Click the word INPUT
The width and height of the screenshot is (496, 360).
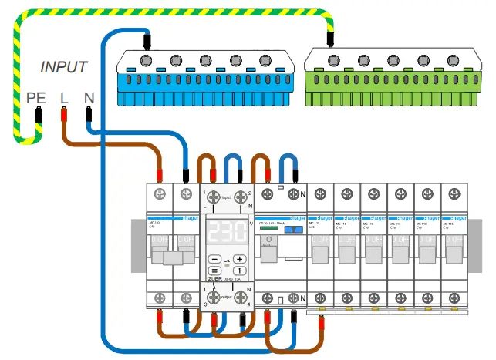(x=64, y=68)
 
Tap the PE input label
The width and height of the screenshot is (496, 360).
(x=35, y=98)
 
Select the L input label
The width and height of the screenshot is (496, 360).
(x=63, y=98)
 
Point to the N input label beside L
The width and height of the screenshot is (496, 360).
(x=89, y=98)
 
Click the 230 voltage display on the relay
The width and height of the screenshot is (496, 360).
(x=227, y=230)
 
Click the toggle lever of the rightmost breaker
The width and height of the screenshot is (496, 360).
(x=453, y=251)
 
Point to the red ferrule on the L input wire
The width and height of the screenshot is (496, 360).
(x=64, y=116)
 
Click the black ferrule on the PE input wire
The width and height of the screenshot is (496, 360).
(x=37, y=116)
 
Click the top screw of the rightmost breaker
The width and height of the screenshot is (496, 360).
(x=453, y=193)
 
